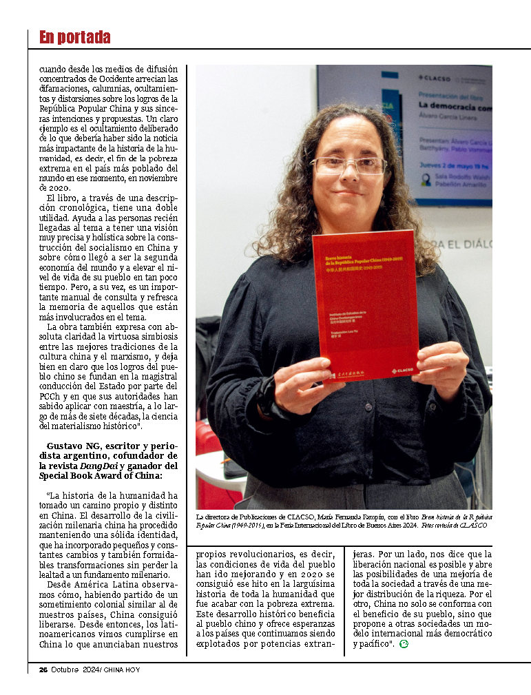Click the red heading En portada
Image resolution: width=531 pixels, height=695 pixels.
[74, 37]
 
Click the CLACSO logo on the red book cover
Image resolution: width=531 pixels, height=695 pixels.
[402, 370]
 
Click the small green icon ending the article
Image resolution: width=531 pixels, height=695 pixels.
[404, 644]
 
